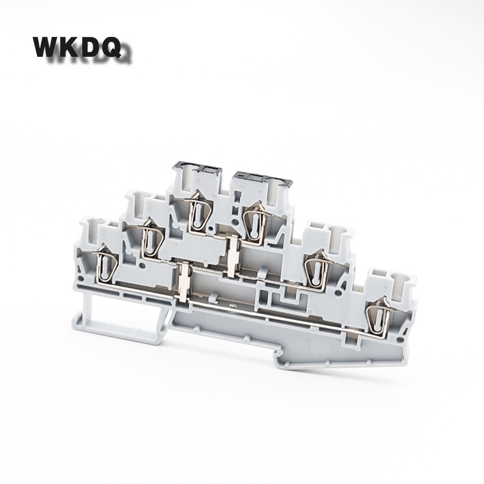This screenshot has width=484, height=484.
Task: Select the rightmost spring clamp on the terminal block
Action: click(x=380, y=313)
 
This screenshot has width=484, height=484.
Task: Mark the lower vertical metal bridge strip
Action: click(x=183, y=280)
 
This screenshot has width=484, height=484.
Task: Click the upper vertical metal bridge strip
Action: click(x=233, y=254)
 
